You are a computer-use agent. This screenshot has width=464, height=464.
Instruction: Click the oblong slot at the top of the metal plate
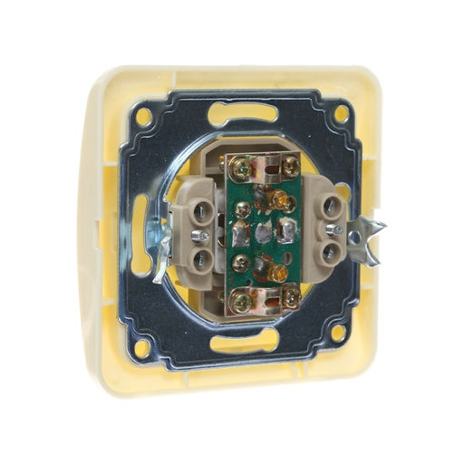[244, 114]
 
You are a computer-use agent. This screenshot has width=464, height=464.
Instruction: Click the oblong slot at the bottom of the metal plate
[245, 343]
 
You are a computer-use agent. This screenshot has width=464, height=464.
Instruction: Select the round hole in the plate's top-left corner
[144, 116]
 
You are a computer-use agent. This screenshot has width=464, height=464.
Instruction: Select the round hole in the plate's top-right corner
[341, 114]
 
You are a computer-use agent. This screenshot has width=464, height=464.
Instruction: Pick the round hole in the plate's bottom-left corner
[142, 346]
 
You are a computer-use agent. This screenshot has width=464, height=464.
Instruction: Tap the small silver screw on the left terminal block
[206, 237]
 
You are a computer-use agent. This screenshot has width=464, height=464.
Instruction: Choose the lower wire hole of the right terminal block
[332, 251]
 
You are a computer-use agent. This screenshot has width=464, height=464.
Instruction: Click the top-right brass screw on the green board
[290, 165]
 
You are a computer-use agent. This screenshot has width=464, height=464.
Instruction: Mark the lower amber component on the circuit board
[276, 269]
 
